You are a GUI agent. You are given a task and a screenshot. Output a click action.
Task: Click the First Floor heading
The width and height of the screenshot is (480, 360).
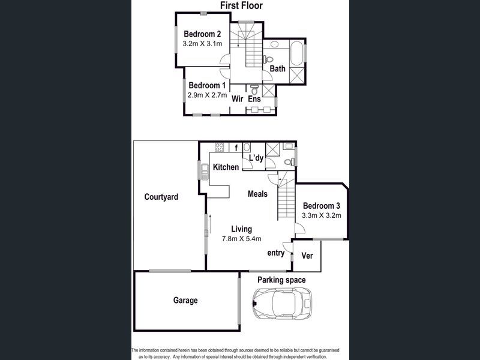pos(242,5)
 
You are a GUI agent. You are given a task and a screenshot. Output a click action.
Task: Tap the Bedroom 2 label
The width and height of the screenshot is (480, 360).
pos(202,34)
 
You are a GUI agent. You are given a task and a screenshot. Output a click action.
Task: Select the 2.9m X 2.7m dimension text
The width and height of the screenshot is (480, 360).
pos(207,95)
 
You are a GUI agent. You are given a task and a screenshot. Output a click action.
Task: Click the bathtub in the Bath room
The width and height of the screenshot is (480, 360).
pos(296,54)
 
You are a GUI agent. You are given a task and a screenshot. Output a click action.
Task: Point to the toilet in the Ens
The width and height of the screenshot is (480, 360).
pos(254,89)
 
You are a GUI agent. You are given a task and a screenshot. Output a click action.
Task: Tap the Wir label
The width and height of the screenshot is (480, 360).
pos(238,98)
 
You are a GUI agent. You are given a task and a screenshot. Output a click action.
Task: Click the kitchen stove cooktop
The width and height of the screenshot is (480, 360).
pos(220,147)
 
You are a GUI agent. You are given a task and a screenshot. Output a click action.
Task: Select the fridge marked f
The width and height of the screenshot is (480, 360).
pos(236,148)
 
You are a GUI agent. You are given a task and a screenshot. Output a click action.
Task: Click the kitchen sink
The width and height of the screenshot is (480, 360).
pos(205,171)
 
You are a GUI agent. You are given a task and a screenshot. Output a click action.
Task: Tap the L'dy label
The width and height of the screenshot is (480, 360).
pos(256,158)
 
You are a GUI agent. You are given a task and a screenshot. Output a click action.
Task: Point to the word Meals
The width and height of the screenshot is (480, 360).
pos(257,194)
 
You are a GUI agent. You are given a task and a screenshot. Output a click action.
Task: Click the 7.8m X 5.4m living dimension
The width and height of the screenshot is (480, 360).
pos(242,239)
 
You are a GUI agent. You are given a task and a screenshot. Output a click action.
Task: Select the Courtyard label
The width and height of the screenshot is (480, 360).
pos(161,197)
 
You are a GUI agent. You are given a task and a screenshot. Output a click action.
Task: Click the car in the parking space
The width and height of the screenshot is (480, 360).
pos(282,303)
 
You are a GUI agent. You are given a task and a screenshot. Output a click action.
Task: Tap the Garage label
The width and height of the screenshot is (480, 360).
pos(185,301)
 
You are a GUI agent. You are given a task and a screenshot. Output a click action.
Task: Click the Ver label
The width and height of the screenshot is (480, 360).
pos(307,256)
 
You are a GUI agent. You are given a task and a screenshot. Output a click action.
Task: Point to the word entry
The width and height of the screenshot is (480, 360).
pos(276,253)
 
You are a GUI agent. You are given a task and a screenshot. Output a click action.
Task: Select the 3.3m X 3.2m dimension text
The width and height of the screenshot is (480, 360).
pos(322,215)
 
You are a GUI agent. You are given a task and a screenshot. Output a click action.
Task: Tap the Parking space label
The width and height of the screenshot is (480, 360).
pos(281,280)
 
